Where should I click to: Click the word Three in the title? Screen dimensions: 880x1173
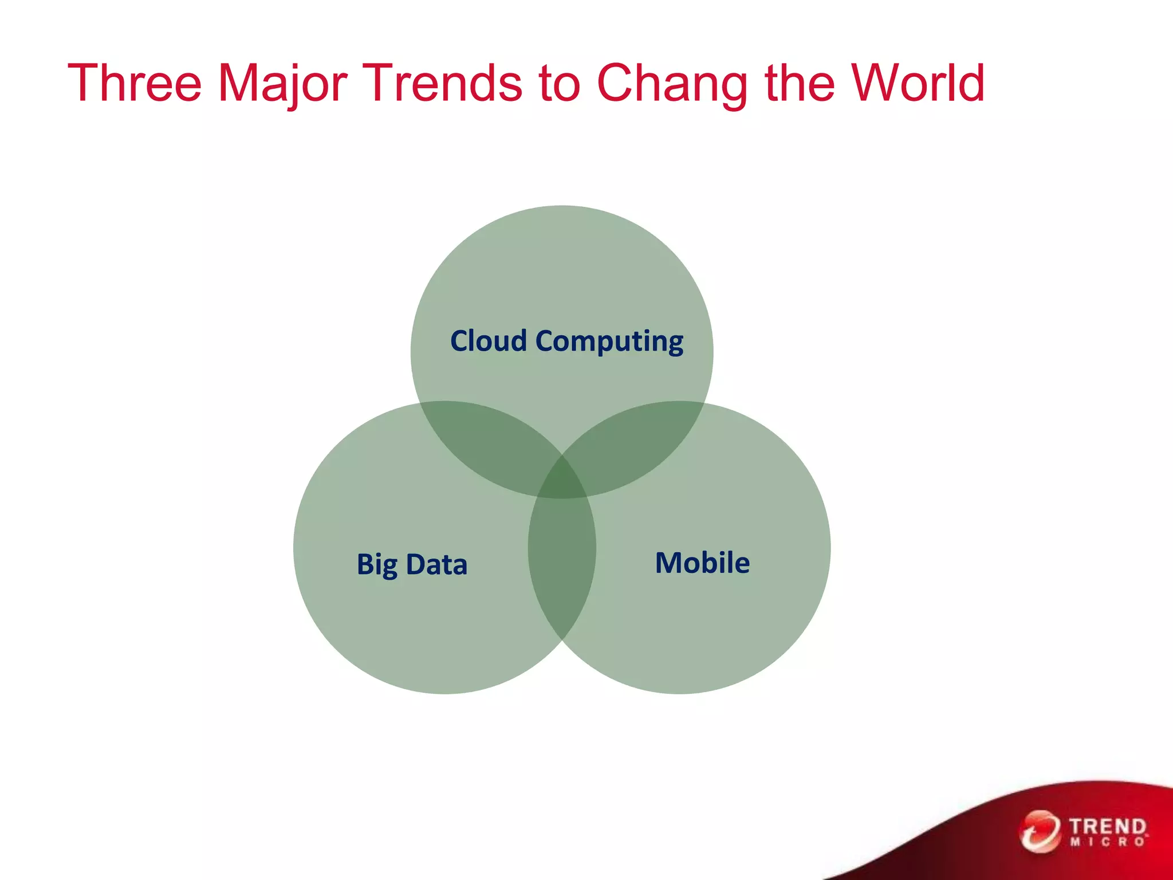pyautogui.click(x=135, y=84)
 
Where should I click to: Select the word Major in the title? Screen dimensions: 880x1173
pyautogui.click(x=282, y=84)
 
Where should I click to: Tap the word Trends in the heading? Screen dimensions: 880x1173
pyautogui.click(x=443, y=84)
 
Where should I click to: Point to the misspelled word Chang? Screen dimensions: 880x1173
pyautogui.click(x=672, y=84)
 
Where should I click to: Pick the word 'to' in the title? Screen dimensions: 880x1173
pyautogui.click(x=560, y=85)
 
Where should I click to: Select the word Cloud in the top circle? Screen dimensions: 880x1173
pyautogui.click(x=488, y=341)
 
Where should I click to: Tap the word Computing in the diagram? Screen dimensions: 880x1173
pyautogui.click(x=609, y=342)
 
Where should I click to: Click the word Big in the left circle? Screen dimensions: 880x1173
pyautogui.click(x=376, y=565)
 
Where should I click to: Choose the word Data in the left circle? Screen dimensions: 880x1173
pyautogui.click(x=436, y=564)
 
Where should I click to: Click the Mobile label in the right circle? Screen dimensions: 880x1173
pyautogui.click(x=702, y=563)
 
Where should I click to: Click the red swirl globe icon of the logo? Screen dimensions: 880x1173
pyautogui.click(x=1040, y=831)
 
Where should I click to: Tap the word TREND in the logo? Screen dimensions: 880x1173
pyautogui.click(x=1108, y=827)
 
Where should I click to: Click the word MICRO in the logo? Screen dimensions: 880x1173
pyautogui.click(x=1108, y=842)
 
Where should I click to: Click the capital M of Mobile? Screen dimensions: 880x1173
pyautogui.click(x=669, y=563)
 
